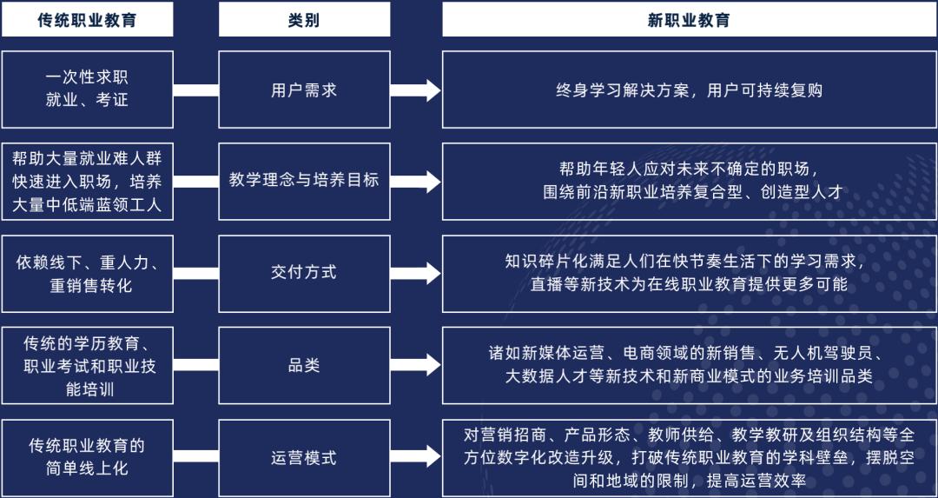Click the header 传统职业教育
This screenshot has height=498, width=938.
pyautogui.click(x=88, y=20)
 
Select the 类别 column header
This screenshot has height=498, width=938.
pyautogui.click(x=304, y=20)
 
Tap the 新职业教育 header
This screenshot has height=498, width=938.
pyautogui.click(x=689, y=20)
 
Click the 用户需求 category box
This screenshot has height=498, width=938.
pyautogui.click(x=304, y=90)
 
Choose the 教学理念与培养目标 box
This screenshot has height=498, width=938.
pyautogui.click(x=304, y=182)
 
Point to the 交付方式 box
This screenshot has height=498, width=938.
pyautogui.click(x=304, y=274)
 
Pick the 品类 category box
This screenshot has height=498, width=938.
pyautogui.click(x=304, y=365)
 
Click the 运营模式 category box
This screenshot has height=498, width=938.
pyautogui.click(x=304, y=458)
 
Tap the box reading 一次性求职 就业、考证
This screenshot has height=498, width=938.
pyautogui.click(x=88, y=90)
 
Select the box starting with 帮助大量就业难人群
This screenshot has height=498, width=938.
pyautogui.click(x=88, y=182)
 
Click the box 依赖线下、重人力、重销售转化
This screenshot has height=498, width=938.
pyautogui.click(x=88, y=274)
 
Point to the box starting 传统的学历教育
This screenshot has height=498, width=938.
pyautogui.click(x=88, y=365)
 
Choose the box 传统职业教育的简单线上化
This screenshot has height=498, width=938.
pyautogui.click(x=88, y=458)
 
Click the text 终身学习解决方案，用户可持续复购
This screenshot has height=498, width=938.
pyautogui.click(x=689, y=90)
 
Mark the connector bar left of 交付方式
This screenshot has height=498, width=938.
pyautogui.click(x=195, y=274)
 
